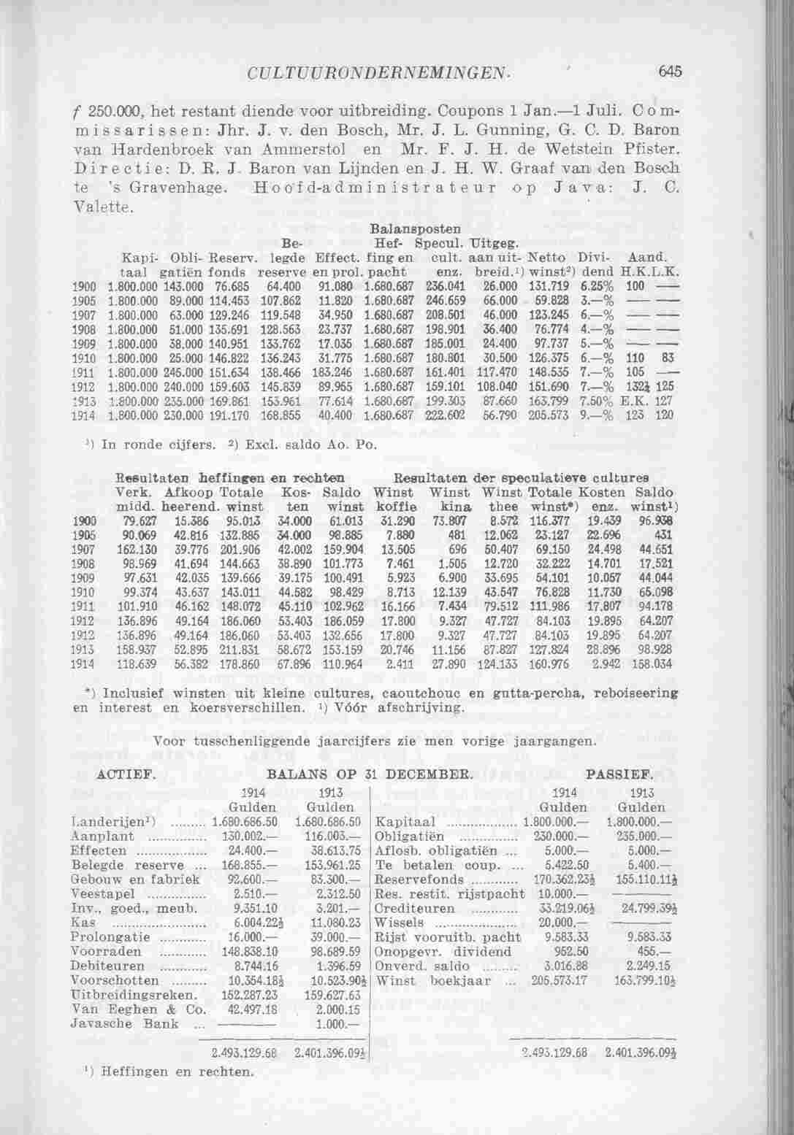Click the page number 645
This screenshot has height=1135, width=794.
click(x=668, y=72)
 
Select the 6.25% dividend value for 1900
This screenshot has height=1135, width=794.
click(x=600, y=285)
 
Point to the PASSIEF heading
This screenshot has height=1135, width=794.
click(x=618, y=773)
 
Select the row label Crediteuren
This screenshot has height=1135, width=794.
click(x=413, y=909)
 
